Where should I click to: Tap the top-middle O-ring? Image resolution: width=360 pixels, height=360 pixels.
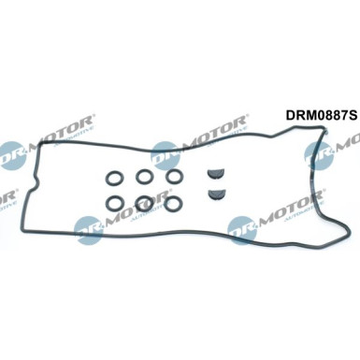point(146,176)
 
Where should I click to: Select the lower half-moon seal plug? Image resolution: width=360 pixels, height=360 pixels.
point(216,194)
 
